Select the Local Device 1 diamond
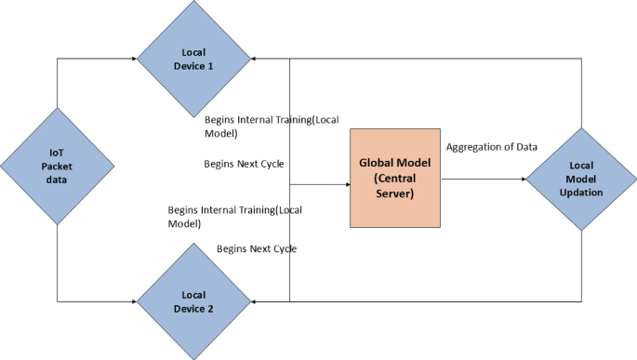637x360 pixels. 194,59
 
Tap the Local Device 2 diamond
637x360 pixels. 194,301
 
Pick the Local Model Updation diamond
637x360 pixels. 581,179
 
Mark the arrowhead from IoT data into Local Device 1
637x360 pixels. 133,60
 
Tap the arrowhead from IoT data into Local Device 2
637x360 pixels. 133,302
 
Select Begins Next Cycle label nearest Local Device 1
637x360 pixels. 244,164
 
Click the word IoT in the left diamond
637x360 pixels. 57,152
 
